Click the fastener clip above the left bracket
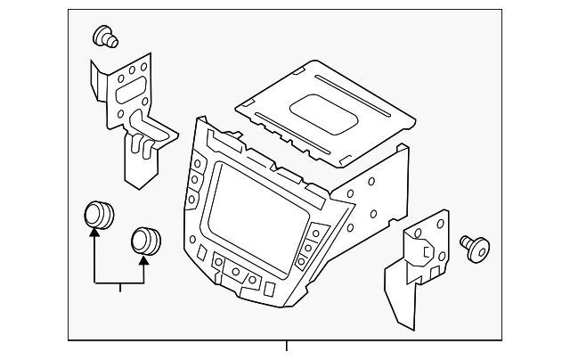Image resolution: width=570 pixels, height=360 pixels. click(x=104, y=37)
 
